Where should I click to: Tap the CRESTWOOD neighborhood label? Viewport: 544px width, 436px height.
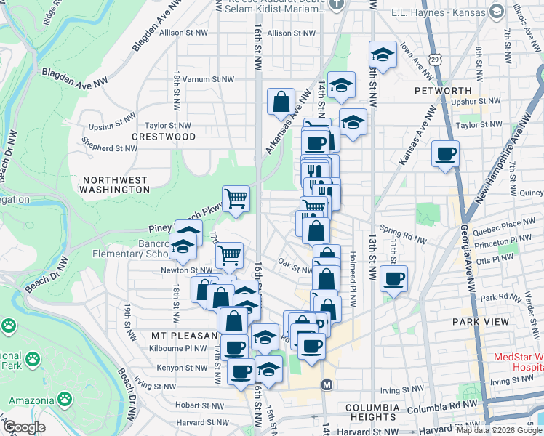(164, 137)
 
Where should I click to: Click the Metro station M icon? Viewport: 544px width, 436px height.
(327, 384)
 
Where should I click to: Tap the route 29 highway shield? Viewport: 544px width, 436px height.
(434, 57)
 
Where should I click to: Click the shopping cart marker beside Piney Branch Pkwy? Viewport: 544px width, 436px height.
(236, 198)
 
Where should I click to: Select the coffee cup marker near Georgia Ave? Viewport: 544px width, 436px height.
(445, 153)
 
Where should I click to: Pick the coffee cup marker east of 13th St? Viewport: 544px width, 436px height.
(393, 278)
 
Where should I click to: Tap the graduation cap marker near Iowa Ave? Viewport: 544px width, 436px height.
(382, 54)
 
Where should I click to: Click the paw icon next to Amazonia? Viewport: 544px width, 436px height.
(65, 399)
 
